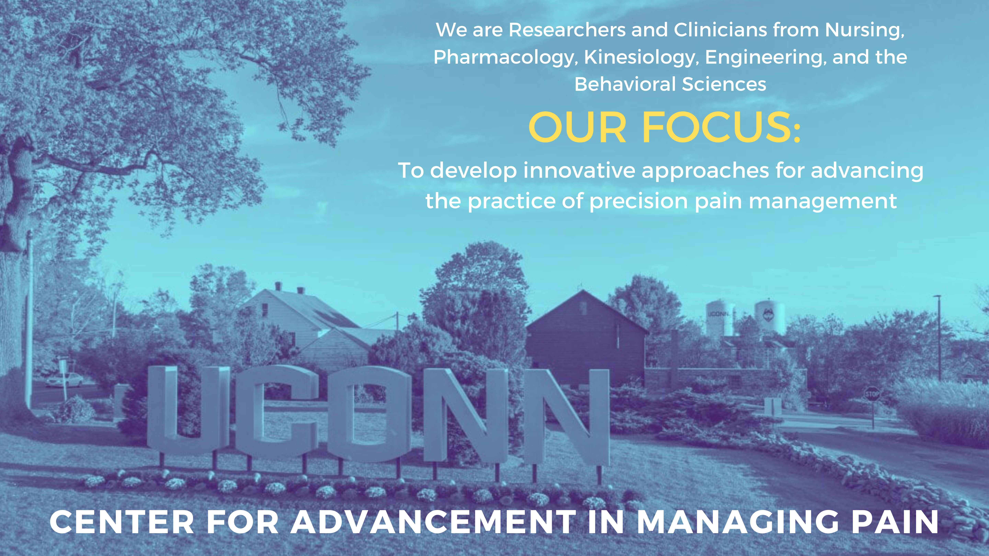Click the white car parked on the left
[x=64, y=380]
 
